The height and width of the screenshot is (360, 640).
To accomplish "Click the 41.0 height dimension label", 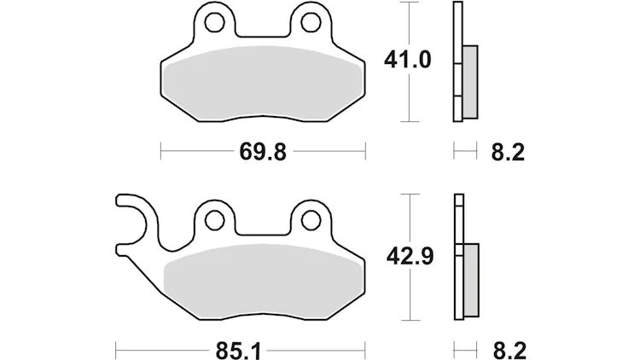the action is [x=407, y=61].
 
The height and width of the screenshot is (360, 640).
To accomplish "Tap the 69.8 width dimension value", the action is [x=263, y=152].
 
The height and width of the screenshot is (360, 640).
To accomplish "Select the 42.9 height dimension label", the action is [x=410, y=257].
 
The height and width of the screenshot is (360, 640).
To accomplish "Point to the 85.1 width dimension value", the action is [x=238, y=351].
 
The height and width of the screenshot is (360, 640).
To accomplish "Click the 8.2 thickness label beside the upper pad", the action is [x=508, y=153].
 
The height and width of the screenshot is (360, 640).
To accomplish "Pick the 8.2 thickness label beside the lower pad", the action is [x=509, y=351].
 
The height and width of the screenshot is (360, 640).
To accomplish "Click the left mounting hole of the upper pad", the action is [x=214, y=22].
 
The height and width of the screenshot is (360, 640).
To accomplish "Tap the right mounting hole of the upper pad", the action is [x=311, y=22].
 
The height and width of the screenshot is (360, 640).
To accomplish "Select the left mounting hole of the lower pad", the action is [x=214, y=220].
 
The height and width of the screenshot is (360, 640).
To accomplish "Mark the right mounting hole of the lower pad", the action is [x=311, y=220].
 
